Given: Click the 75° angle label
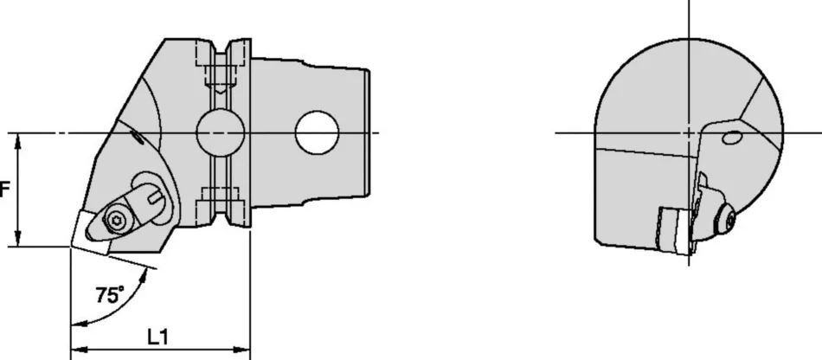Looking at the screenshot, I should [109, 295].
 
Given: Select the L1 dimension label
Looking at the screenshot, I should [157, 334].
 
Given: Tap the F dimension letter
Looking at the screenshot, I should [4, 189].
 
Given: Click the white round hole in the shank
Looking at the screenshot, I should [316, 132].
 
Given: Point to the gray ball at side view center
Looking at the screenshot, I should [219, 132].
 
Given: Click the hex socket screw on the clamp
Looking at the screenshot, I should [116, 221].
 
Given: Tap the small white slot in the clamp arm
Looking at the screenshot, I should [157, 202].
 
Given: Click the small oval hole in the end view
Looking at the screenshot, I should [732, 137].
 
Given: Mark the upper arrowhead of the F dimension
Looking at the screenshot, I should [18, 138].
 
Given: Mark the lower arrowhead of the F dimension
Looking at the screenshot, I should [18, 241].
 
